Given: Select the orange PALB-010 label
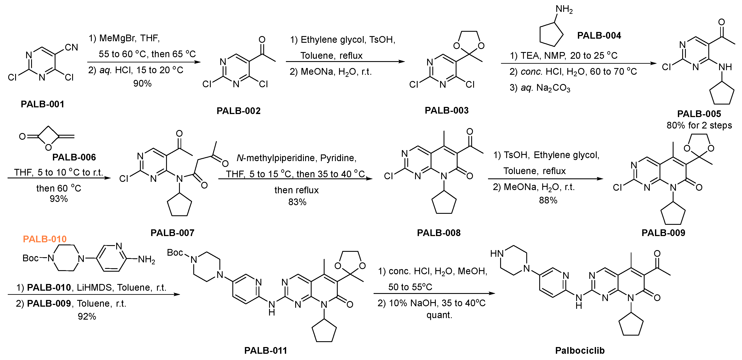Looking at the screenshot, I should tap(45, 239).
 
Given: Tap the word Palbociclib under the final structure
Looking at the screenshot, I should tap(580, 350).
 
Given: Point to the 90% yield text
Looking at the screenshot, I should tap(142, 84).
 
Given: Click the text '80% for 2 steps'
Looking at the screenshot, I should tap(699, 125).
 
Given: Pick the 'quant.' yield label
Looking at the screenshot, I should tap(439, 315).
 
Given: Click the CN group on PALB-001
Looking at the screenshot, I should tap(71, 48).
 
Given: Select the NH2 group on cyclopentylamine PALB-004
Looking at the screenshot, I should tap(564, 9).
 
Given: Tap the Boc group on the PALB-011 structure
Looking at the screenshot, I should tap(175, 253).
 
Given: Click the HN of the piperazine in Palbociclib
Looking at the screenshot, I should tap(497, 254).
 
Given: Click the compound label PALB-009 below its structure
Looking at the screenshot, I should tap(663, 233).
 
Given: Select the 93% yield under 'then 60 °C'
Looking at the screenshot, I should tap(59, 199).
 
